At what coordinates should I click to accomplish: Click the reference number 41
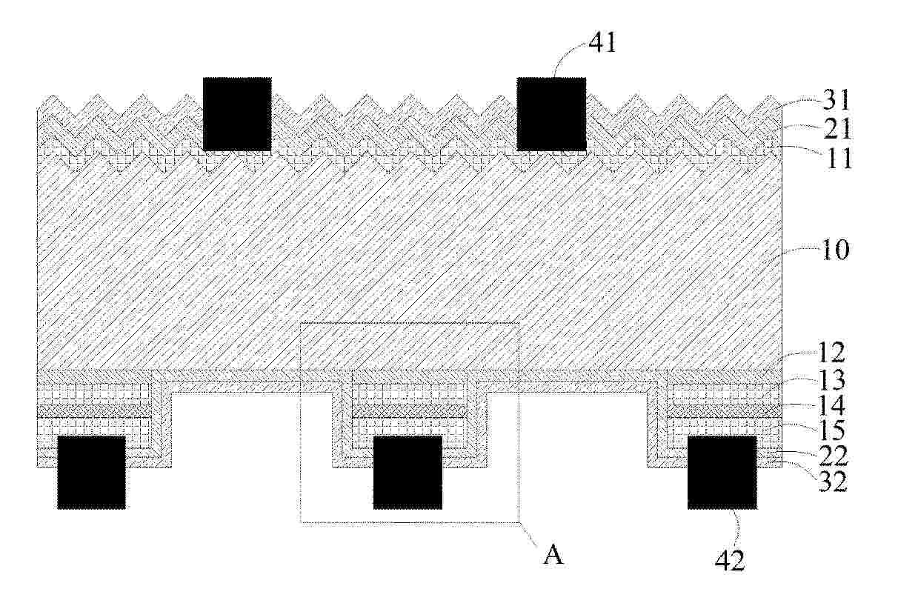602,43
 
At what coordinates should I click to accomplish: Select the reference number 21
835,129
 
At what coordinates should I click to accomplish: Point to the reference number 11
837,159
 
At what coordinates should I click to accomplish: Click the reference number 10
834,250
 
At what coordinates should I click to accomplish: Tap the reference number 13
832,379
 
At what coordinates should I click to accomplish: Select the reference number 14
831,405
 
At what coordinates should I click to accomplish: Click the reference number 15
831,430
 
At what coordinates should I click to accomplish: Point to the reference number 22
834,456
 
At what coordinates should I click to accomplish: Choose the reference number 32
833,481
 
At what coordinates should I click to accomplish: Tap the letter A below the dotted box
553,556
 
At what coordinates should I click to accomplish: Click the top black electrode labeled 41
552,114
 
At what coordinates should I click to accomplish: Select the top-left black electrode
237,114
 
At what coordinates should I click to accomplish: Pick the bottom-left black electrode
91,473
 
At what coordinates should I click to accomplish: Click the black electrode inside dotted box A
408,473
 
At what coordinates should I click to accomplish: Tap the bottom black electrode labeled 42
722,473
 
